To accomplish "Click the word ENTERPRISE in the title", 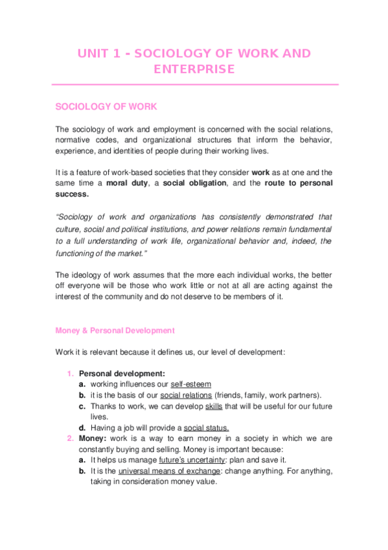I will click(x=194, y=69).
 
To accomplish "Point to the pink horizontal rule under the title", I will click(x=194, y=84).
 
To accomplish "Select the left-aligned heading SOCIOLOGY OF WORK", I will click(x=106, y=106).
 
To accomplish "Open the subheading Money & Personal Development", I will click(x=115, y=330).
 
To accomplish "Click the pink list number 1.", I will click(x=71, y=374).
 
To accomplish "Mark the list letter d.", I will click(x=82, y=428).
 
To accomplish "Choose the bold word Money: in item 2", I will click(x=93, y=439).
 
